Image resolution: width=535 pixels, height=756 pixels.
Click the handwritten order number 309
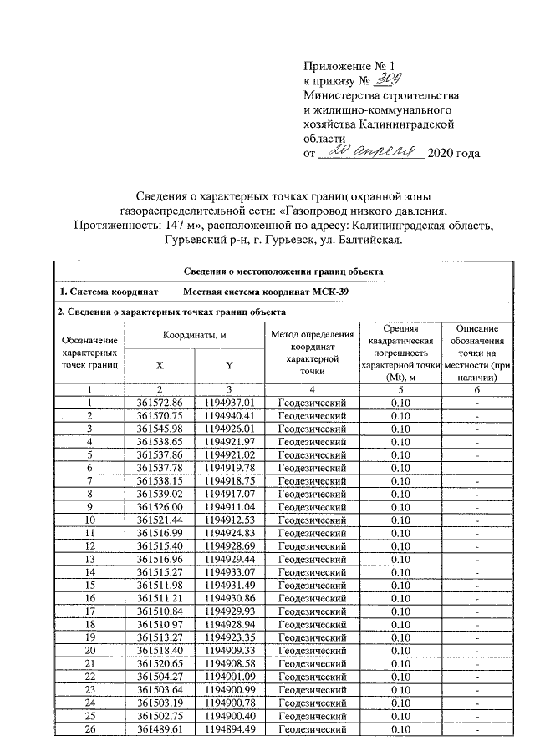tap(390, 81)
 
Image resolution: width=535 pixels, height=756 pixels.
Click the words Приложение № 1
tap(344, 65)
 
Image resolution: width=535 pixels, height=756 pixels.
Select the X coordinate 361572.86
tap(159, 403)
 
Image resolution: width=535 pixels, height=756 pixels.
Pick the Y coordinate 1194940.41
tap(228, 415)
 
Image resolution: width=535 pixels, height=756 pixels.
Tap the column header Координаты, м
tap(194, 335)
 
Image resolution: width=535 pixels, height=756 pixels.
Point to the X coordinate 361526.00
tap(159, 506)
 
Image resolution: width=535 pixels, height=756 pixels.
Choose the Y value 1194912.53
tap(228, 520)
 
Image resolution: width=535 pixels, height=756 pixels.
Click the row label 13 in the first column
tap(89, 558)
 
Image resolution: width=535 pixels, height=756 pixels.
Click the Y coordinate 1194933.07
tap(228, 571)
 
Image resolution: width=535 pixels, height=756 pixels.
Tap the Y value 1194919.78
tap(228, 468)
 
